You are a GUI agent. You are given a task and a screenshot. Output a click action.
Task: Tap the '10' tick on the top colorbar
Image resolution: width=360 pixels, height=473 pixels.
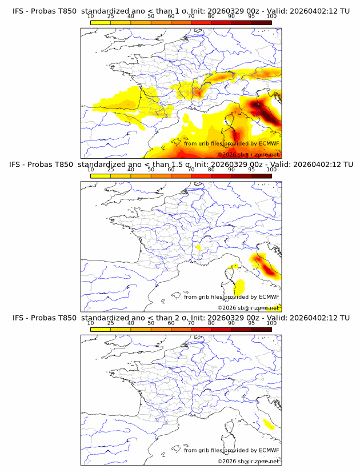pos(91,17)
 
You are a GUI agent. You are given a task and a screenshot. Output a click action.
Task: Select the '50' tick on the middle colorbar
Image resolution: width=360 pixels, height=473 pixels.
pos(151,170)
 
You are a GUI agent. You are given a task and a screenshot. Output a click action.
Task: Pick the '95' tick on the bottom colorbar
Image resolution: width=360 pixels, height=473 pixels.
pos(251,323)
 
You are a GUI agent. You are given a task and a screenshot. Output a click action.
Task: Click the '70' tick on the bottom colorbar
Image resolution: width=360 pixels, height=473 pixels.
pos(191,323)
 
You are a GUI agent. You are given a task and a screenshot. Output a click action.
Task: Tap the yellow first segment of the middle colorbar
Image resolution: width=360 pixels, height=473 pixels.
pos(101,175)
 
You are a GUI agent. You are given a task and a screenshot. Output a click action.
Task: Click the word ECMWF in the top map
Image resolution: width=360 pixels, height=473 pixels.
pos(269,143)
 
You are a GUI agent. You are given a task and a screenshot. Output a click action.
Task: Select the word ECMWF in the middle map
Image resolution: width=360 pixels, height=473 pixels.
pos(269,296)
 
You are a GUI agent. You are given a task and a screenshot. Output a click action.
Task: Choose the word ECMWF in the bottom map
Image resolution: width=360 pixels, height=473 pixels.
pos(269,450)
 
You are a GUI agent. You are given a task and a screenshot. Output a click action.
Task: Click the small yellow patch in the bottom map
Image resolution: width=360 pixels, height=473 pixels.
pos(267,424)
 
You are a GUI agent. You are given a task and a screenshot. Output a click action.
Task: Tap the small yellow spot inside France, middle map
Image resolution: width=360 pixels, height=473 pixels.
pos(198,247)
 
